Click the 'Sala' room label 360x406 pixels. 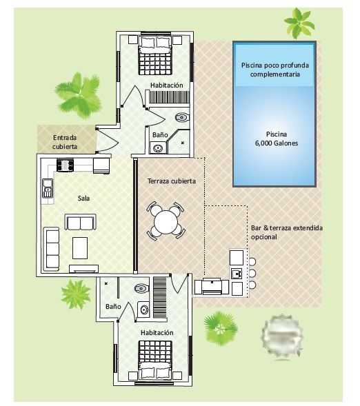click(x=83, y=199)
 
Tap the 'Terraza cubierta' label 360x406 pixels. click(x=172, y=181)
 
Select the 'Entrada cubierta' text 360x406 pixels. click(x=65, y=142)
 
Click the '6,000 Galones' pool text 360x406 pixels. click(x=277, y=143)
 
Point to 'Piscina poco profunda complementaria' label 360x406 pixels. click(x=275, y=70)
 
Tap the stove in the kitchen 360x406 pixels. click(x=65, y=165)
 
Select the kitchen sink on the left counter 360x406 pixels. click(x=48, y=188)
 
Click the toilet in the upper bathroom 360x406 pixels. click(x=182, y=117)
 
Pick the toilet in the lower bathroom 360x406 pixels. click(x=141, y=288)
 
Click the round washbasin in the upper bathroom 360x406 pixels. click(x=158, y=148)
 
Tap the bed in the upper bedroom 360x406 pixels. click(x=155, y=56)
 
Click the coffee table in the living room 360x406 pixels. click(x=80, y=247)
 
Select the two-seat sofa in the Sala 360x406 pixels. click(x=80, y=222)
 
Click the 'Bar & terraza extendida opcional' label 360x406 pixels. click(x=287, y=232)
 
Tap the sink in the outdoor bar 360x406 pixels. click(x=237, y=274)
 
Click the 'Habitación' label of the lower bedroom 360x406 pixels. click(x=157, y=333)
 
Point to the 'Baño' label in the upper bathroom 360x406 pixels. click(x=160, y=135)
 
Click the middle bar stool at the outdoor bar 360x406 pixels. click(x=252, y=273)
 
